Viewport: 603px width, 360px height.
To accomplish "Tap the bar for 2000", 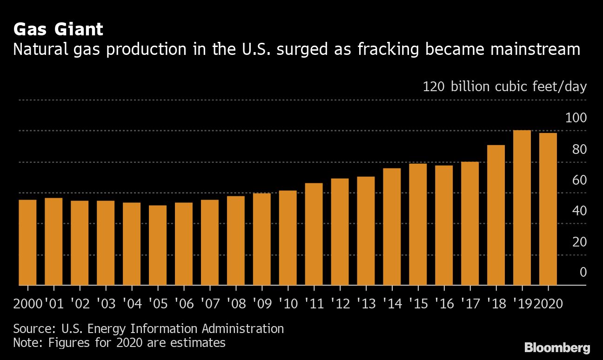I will (x=27, y=242).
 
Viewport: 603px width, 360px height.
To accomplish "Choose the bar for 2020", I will (x=548, y=209).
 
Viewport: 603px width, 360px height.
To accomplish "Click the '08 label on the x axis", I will (x=236, y=304).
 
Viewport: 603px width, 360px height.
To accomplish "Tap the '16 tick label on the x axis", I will (x=444, y=304).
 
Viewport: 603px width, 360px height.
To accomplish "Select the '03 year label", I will (x=106, y=304).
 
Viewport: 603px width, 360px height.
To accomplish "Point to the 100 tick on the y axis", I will (x=576, y=118).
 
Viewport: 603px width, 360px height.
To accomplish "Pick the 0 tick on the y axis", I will (x=583, y=273).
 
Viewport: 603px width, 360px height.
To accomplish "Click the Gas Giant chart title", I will (x=58, y=30).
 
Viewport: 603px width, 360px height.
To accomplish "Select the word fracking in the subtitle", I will (x=389, y=49).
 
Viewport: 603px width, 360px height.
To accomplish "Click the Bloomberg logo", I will (x=557, y=347).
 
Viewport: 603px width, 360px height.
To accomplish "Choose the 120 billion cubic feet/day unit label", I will (x=504, y=87).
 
